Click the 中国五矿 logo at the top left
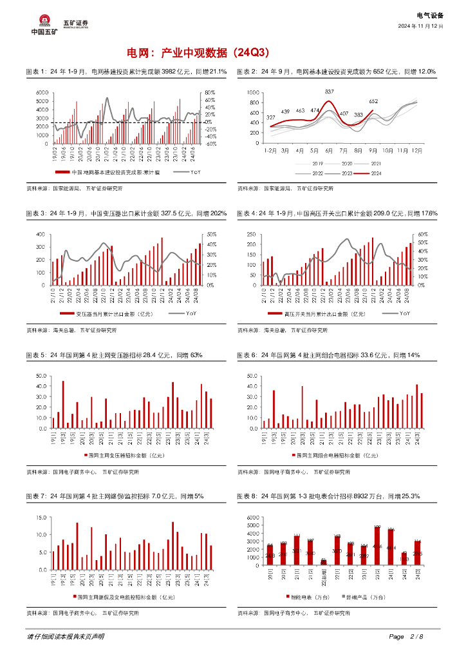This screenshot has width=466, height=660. [44, 25]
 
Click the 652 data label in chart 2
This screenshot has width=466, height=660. [373, 101]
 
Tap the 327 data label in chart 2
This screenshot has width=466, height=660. [270, 117]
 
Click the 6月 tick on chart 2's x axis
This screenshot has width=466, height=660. [328, 150]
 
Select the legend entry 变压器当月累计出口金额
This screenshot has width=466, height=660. [110, 314]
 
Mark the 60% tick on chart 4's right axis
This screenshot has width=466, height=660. [424, 235]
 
